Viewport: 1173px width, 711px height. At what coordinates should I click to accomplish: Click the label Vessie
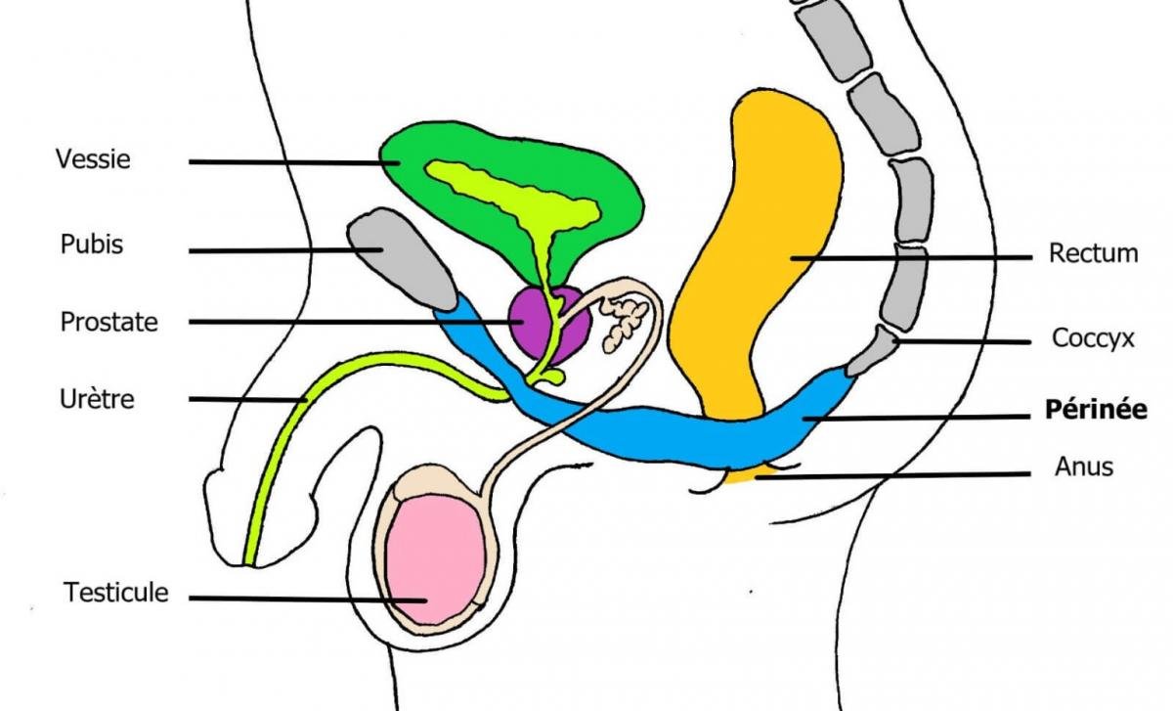(93, 158)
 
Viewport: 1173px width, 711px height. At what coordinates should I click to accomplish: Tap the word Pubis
(92, 244)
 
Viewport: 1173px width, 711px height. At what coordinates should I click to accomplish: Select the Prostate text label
(109, 322)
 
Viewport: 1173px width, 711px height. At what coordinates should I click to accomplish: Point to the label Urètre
(97, 399)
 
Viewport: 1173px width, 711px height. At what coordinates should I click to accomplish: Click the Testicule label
(115, 593)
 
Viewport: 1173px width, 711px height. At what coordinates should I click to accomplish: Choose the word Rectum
(1094, 253)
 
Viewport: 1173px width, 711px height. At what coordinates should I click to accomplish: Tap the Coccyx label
(1093, 338)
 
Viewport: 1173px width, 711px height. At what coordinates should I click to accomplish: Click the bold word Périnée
(1096, 409)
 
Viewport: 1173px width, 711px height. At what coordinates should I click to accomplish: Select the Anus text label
(1083, 467)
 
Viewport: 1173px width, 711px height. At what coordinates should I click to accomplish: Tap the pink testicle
(436, 559)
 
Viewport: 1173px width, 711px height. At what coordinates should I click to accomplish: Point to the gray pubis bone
(401, 258)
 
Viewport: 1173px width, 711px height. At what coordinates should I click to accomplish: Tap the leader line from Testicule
(308, 599)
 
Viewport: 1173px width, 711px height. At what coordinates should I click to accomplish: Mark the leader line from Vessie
(294, 162)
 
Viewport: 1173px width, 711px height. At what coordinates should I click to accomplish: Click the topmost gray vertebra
(833, 39)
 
